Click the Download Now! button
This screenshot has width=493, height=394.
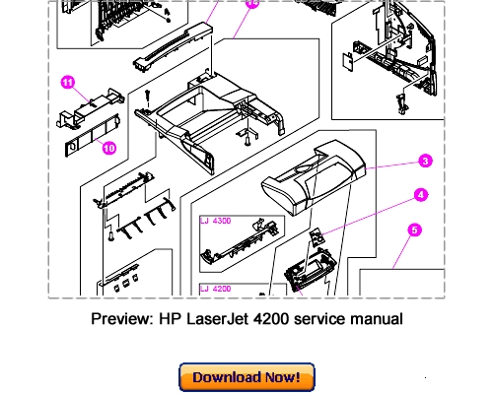point(246,377)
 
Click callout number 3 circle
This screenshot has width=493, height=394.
point(425,162)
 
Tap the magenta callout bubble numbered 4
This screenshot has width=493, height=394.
point(421,195)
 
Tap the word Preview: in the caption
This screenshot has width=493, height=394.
point(122,319)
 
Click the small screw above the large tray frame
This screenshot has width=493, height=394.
point(147,98)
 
